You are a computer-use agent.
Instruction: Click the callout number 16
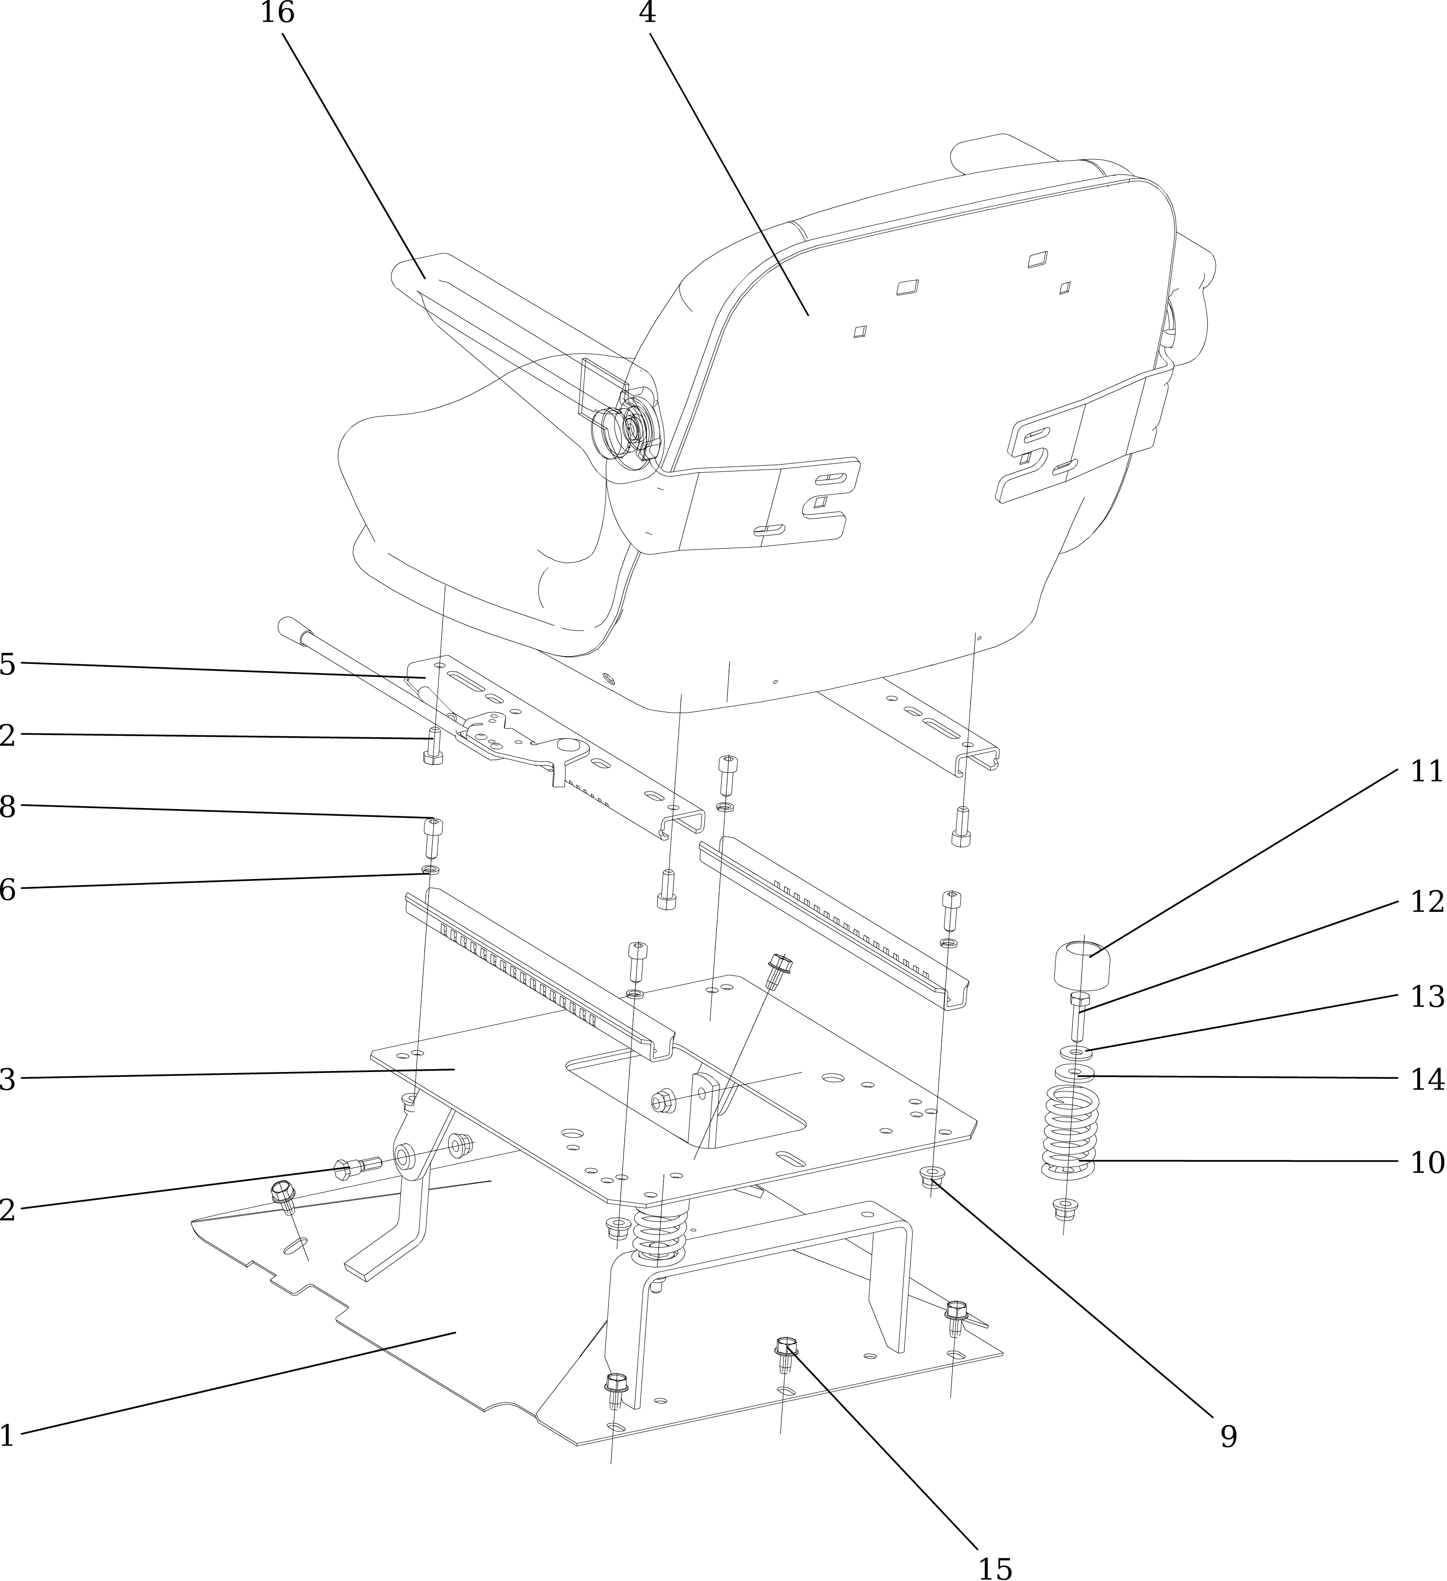pos(277,14)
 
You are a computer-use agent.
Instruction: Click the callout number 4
pos(647,14)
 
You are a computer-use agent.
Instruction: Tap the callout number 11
pos(1427,771)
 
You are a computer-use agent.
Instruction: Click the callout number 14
pos(1427,1080)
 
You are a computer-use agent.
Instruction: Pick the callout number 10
pos(1427,1162)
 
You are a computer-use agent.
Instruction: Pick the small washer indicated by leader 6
pos(430,870)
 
